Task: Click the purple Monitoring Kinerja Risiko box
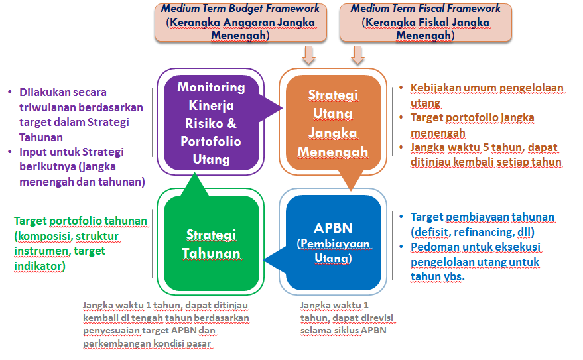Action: (x=211, y=123)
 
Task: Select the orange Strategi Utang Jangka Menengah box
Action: (x=333, y=123)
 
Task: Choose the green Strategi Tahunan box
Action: (x=211, y=244)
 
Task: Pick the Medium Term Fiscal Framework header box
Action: (x=425, y=22)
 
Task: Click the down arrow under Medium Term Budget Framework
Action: (x=308, y=55)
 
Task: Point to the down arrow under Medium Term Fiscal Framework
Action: (x=358, y=55)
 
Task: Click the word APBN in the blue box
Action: (x=334, y=229)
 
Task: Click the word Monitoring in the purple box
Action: (x=211, y=88)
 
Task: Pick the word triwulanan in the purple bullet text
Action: (x=44, y=107)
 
